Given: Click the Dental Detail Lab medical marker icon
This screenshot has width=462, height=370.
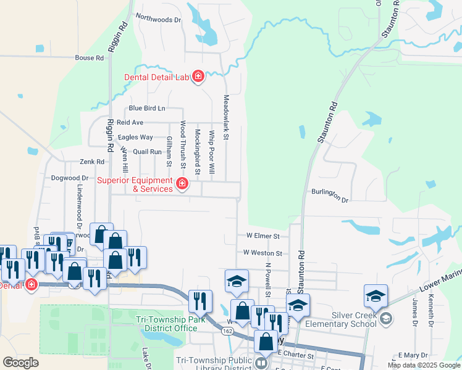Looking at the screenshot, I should tap(198, 76).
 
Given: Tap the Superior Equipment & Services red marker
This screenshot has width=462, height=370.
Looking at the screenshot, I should tap(182, 184).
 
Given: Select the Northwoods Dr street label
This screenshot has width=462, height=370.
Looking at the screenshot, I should tap(159, 20).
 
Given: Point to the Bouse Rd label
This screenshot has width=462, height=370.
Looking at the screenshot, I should tap(89, 58).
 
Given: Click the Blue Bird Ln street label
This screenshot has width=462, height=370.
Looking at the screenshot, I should tap(147, 109).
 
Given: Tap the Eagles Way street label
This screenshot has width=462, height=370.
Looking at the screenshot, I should tap(135, 137).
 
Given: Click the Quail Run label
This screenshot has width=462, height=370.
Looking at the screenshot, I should tap(147, 151).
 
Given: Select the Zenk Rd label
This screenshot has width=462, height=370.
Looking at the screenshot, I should tap(92, 162).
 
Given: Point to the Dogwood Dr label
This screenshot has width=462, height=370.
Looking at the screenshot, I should tap(66, 178).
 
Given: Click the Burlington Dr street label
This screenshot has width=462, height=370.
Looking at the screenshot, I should tap(330, 195).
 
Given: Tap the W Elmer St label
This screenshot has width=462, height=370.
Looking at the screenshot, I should tap(263, 236).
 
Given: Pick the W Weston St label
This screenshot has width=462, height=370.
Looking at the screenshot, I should tap(262, 253).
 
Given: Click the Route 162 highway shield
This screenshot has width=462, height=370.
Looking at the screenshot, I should tap(229, 333).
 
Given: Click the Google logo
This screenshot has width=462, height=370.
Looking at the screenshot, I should tap(20, 362).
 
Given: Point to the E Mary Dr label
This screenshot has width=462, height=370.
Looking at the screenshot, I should tap(413, 355).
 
